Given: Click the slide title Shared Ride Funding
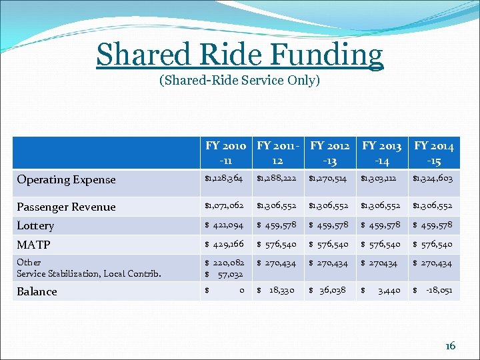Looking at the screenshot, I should pyautogui.click(x=240, y=54).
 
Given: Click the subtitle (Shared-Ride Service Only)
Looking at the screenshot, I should pyautogui.click(x=240, y=81).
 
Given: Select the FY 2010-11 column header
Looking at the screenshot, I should pyautogui.click(x=226, y=153).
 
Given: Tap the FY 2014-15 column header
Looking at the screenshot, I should pyautogui.click(x=434, y=153).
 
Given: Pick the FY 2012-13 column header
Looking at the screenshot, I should pyautogui.click(x=330, y=153).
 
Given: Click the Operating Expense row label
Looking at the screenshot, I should pyautogui.click(x=66, y=179).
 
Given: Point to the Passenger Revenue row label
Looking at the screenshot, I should pyautogui.click(x=66, y=207).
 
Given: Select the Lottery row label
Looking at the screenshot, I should pyautogui.click(x=35, y=225).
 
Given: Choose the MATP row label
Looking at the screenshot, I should pyautogui.click(x=33, y=245).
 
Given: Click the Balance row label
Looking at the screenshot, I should pyautogui.click(x=37, y=291).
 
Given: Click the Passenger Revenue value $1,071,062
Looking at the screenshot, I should pyautogui.click(x=226, y=206).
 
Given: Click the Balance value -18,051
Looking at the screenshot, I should pyautogui.click(x=439, y=291).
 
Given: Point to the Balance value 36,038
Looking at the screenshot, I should pyautogui.click(x=333, y=291).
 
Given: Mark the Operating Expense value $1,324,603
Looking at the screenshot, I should pyautogui.click(x=434, y=179).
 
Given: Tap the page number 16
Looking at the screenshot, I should pyautogui.click(x=451, y=345).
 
